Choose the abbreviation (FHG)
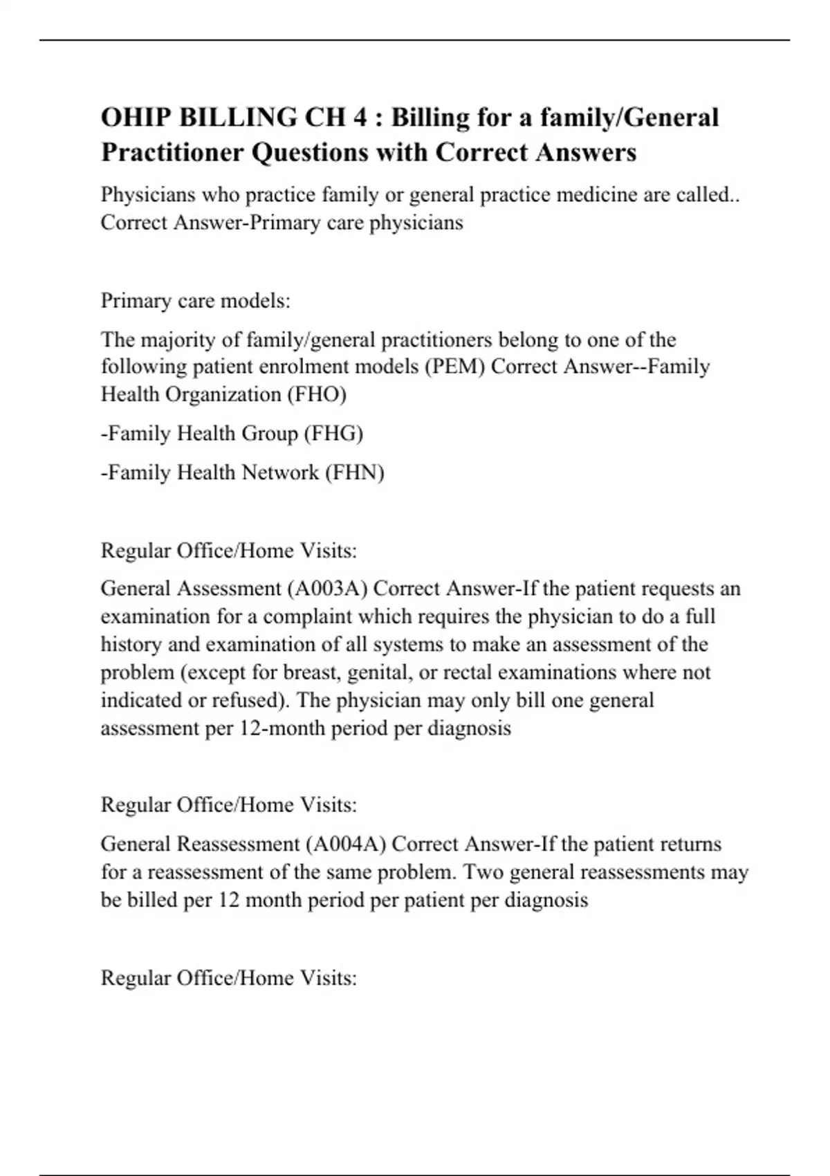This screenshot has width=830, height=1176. [x=333, y=434]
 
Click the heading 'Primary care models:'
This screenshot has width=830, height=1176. [x=196, y=301]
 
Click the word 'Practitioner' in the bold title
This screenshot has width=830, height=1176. [x=172, y=152]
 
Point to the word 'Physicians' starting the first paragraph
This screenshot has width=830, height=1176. [x=148, y=195]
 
